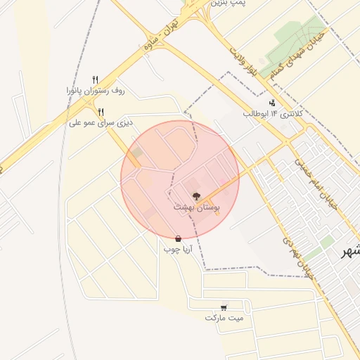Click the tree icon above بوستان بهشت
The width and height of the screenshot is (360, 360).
click(x=195, y=197)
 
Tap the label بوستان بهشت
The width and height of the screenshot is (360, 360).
click(x=197, y=208)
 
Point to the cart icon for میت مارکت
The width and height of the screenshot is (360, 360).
click(x=224, y=307)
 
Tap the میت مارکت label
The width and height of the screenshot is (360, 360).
click(x=224, y=318)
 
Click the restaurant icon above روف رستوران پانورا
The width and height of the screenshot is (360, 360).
click(x=96, y=79)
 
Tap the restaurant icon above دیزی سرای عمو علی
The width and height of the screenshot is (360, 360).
click(x=101, y=112)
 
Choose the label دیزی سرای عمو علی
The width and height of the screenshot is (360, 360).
click(x=101, y=123)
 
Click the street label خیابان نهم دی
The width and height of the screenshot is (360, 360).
click(x=296, y=255)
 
